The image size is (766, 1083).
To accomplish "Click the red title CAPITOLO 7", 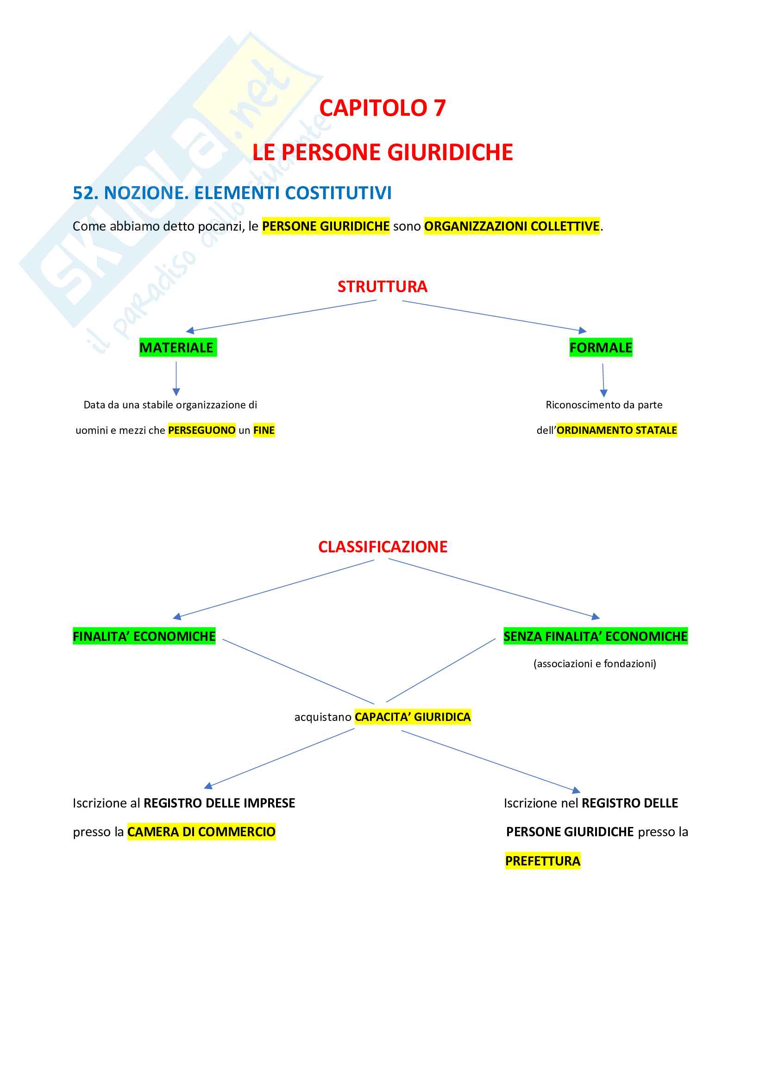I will coord(382,108).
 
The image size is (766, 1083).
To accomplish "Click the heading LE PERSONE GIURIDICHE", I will coord(382,152).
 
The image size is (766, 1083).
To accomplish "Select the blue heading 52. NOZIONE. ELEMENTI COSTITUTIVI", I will coord(232,193).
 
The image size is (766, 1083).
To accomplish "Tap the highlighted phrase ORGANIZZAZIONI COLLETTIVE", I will coord(512,226).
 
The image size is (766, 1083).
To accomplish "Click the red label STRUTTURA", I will coord(382,287).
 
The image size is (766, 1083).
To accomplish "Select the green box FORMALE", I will coord(601,348).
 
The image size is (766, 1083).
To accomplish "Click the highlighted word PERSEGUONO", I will coord(201,430).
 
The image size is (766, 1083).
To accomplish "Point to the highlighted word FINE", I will coord(264,430).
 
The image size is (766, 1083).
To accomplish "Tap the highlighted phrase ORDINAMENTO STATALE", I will coord(616,430).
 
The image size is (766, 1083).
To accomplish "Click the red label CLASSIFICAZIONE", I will coord(383,547).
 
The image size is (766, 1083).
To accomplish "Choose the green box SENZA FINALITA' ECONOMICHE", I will coord(595,636).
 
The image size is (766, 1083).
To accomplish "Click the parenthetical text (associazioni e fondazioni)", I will coord(594,664).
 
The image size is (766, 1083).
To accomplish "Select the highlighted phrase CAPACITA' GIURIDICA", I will coord(413,717).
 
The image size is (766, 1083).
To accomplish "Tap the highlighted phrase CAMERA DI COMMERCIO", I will coord(201,832).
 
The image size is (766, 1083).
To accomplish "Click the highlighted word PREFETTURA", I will coord(542,861).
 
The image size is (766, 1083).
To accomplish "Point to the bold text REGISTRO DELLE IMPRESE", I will coord(220,803).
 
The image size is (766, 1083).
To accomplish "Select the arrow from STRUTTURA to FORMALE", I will coord(494,316).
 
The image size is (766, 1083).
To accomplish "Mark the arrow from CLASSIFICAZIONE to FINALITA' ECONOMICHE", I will coord(274,588).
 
